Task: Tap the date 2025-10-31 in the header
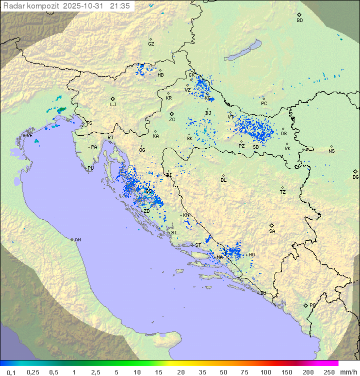84,6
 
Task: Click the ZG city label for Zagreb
172,120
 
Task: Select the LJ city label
113,104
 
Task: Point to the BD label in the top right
299,21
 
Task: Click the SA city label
272,231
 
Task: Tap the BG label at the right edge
355,177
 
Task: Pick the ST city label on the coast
198,245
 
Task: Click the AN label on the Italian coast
77,240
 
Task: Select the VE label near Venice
29,136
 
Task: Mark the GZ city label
151,44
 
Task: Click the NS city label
331,151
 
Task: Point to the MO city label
251,255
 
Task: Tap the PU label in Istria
90,168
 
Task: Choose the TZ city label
283,192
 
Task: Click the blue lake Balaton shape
243,51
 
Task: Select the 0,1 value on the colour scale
11,372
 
